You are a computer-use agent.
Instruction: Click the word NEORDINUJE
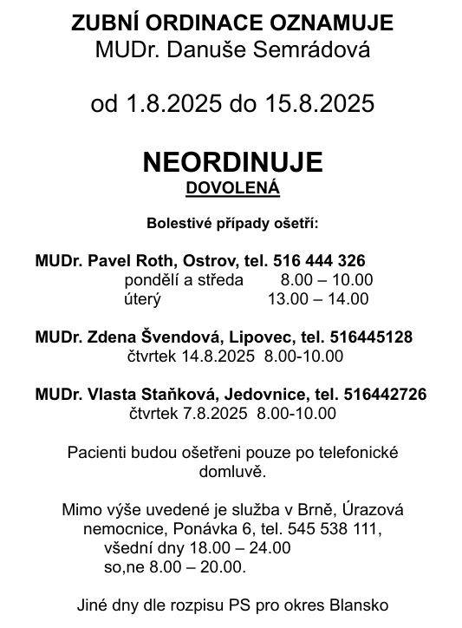click(231, 162)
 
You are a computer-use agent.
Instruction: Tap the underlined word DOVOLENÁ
click(231, 186)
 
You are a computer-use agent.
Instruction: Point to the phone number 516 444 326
click(319, 260)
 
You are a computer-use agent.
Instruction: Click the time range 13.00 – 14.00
click(318, 298)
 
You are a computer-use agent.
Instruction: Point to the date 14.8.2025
click(212, 356)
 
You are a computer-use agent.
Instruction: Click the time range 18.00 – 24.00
click(234, 547)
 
